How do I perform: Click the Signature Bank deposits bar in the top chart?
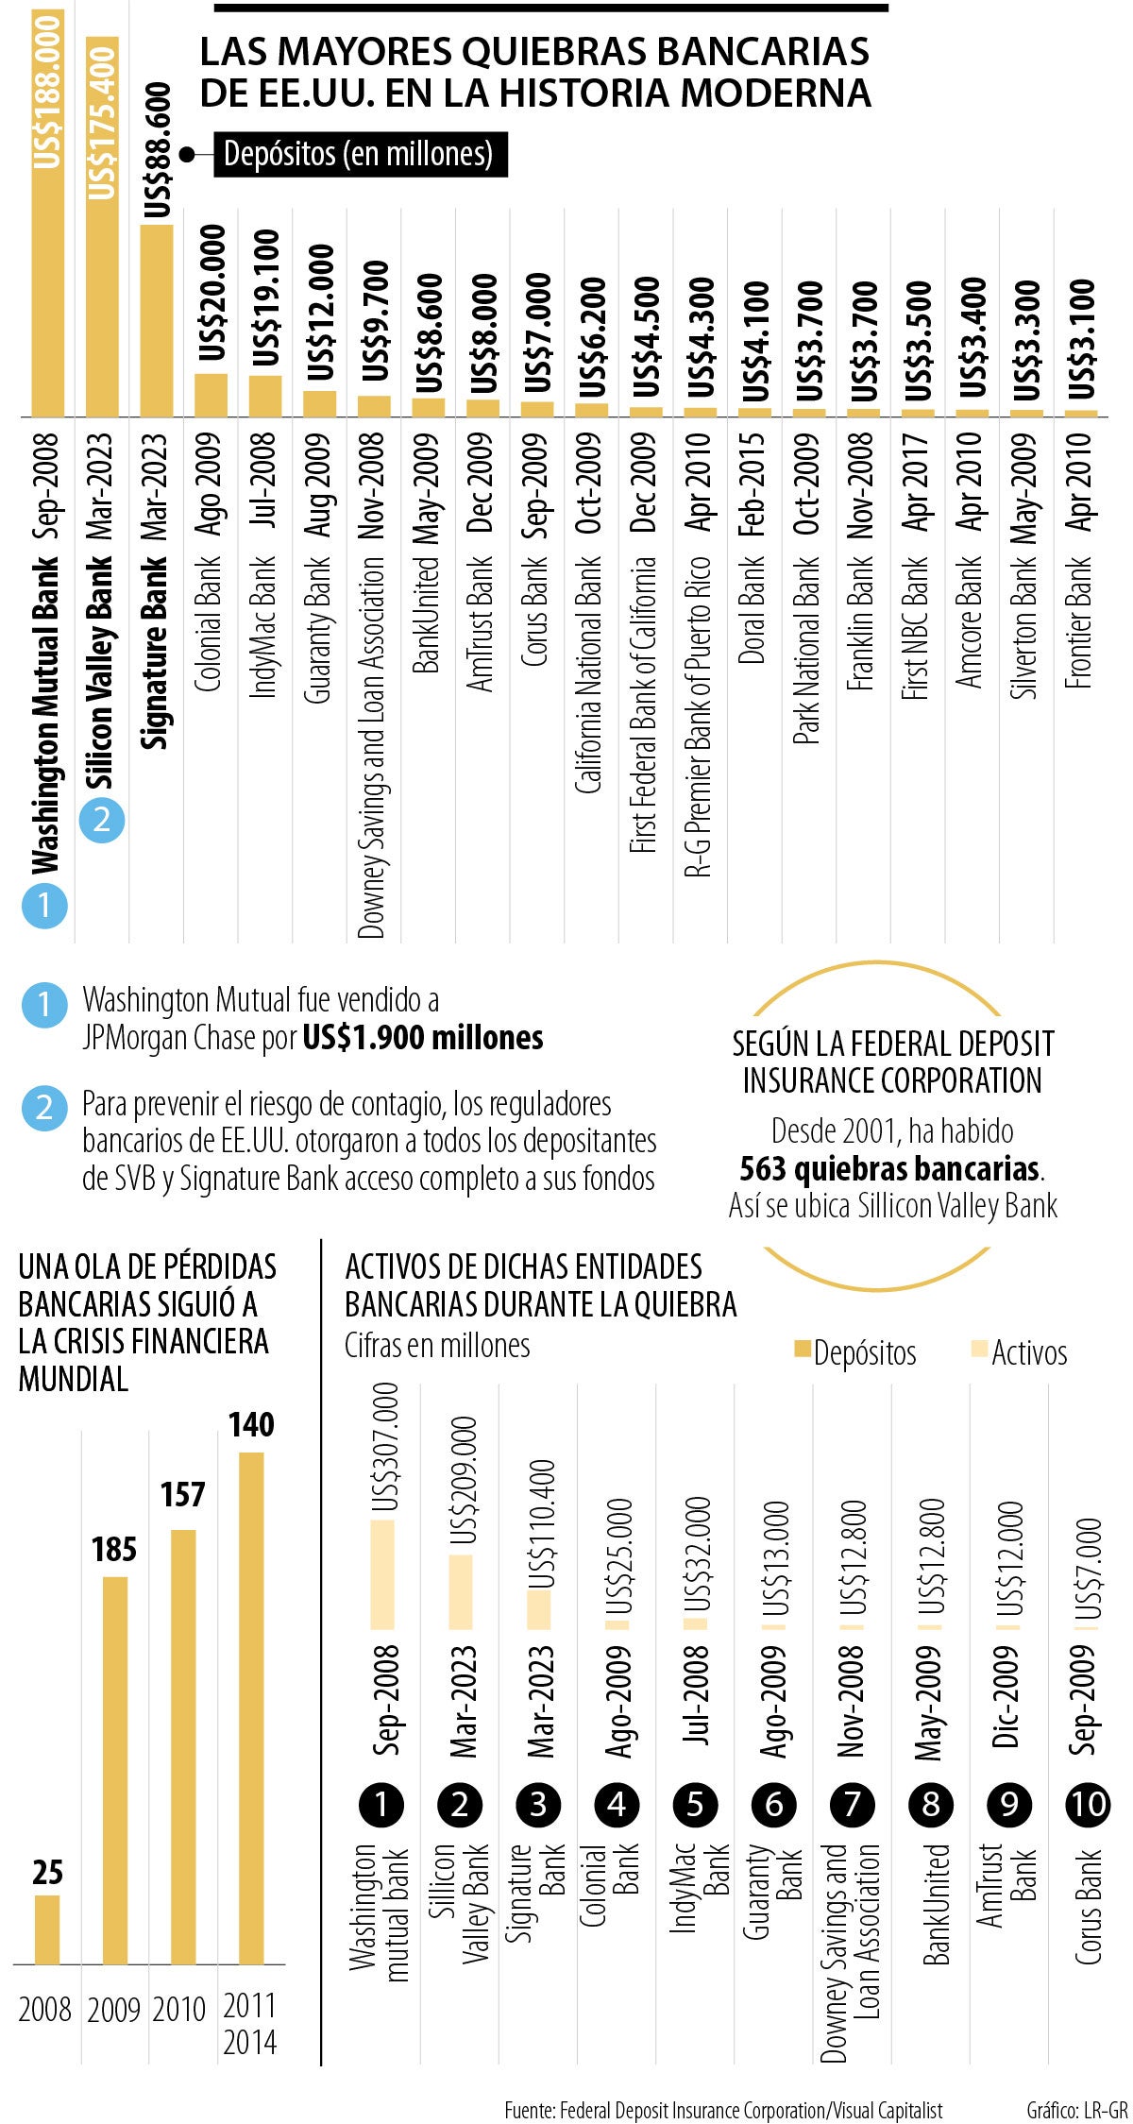coord(157,320)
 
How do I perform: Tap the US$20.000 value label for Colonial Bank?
coord(213,293)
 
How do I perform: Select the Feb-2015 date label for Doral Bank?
coord(753,484)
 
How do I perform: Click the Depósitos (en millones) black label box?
coord(360,154)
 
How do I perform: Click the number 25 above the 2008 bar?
coord(47,1872)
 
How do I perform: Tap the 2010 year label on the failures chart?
coord(179,2009)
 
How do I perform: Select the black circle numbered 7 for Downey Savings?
coord(853,1804)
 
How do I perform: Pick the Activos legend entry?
coord(1020,1352)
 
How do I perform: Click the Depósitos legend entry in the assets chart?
coord(855,1352)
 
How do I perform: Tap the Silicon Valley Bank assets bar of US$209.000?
coord(461,1591)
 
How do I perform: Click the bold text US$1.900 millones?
coord(423,1038)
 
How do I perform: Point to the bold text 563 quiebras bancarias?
coord(889,1168)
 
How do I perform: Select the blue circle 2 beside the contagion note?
coord(43,1108)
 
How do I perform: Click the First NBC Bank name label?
coord(916,628)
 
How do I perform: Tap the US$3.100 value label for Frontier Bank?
coord(1082,338)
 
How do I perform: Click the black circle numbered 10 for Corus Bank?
coord(1088,1804)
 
